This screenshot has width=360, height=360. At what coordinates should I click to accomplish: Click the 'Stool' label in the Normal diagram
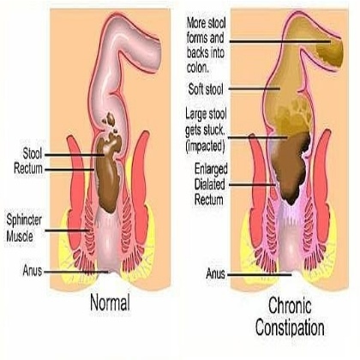(x=33, y=153)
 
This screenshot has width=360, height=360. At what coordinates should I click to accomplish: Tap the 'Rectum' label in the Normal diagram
(x=28, y=169)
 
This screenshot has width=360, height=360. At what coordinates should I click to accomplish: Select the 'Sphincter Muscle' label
(x=24, y=228)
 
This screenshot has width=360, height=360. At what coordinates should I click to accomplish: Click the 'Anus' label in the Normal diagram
(x=33, y=271)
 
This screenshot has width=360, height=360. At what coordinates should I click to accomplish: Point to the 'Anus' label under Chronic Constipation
(x=215, y=274)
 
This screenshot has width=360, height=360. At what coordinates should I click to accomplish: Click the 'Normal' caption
(x=110, y=303)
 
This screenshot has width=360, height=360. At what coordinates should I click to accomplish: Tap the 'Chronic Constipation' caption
(x=290, y=316)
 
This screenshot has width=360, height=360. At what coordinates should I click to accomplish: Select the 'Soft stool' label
(x=206, y=89)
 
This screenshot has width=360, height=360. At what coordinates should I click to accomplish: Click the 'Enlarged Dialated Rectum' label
(x=211, y=184)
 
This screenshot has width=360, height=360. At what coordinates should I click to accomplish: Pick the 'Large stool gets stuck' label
(x=206, y=123)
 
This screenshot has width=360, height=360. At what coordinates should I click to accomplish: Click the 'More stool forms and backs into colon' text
(x=206, y=45)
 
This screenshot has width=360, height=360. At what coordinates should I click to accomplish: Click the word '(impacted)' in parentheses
(x=205, y=147)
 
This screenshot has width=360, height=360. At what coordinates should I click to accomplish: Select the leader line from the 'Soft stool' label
(x=255, y=89)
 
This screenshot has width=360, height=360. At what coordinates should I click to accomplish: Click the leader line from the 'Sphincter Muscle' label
(x=68, y=231)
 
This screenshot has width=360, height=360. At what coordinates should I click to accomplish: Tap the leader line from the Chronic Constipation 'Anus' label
(x=260, y=275)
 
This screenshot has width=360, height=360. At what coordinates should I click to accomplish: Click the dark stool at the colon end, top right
(x=330, y=52)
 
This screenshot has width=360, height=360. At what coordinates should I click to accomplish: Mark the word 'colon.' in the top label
(x=198, y=68)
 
